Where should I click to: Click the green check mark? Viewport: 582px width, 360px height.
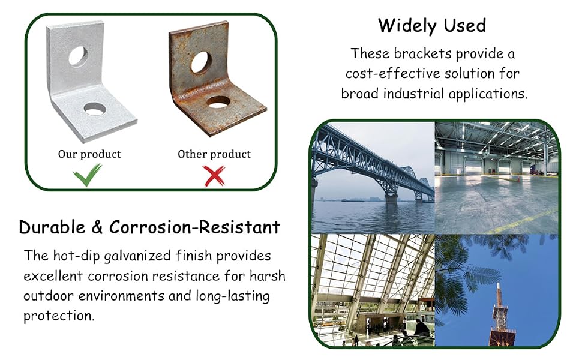[86, 175]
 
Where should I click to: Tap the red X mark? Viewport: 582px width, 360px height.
[214, 176]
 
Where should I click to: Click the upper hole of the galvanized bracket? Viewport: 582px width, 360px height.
[79, 56]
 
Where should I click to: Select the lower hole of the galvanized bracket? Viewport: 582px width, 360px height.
[95, 109]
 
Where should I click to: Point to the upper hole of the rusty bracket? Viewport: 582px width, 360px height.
[201, 62]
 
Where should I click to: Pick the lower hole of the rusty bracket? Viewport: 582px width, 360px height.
[218, 101]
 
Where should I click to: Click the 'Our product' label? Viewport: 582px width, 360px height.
[89, 154]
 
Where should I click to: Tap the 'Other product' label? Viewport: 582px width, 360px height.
[214, 154]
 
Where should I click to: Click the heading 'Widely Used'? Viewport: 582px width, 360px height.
[432, 26]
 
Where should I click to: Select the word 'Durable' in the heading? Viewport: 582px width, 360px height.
[52, 227]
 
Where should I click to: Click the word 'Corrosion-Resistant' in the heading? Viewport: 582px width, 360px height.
[194, 227]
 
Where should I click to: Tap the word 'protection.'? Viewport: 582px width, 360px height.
[59, 316]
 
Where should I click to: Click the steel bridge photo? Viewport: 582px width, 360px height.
[373, 178]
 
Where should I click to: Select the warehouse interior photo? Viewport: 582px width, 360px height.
[497, 178]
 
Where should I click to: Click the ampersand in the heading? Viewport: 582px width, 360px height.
[97, 227]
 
